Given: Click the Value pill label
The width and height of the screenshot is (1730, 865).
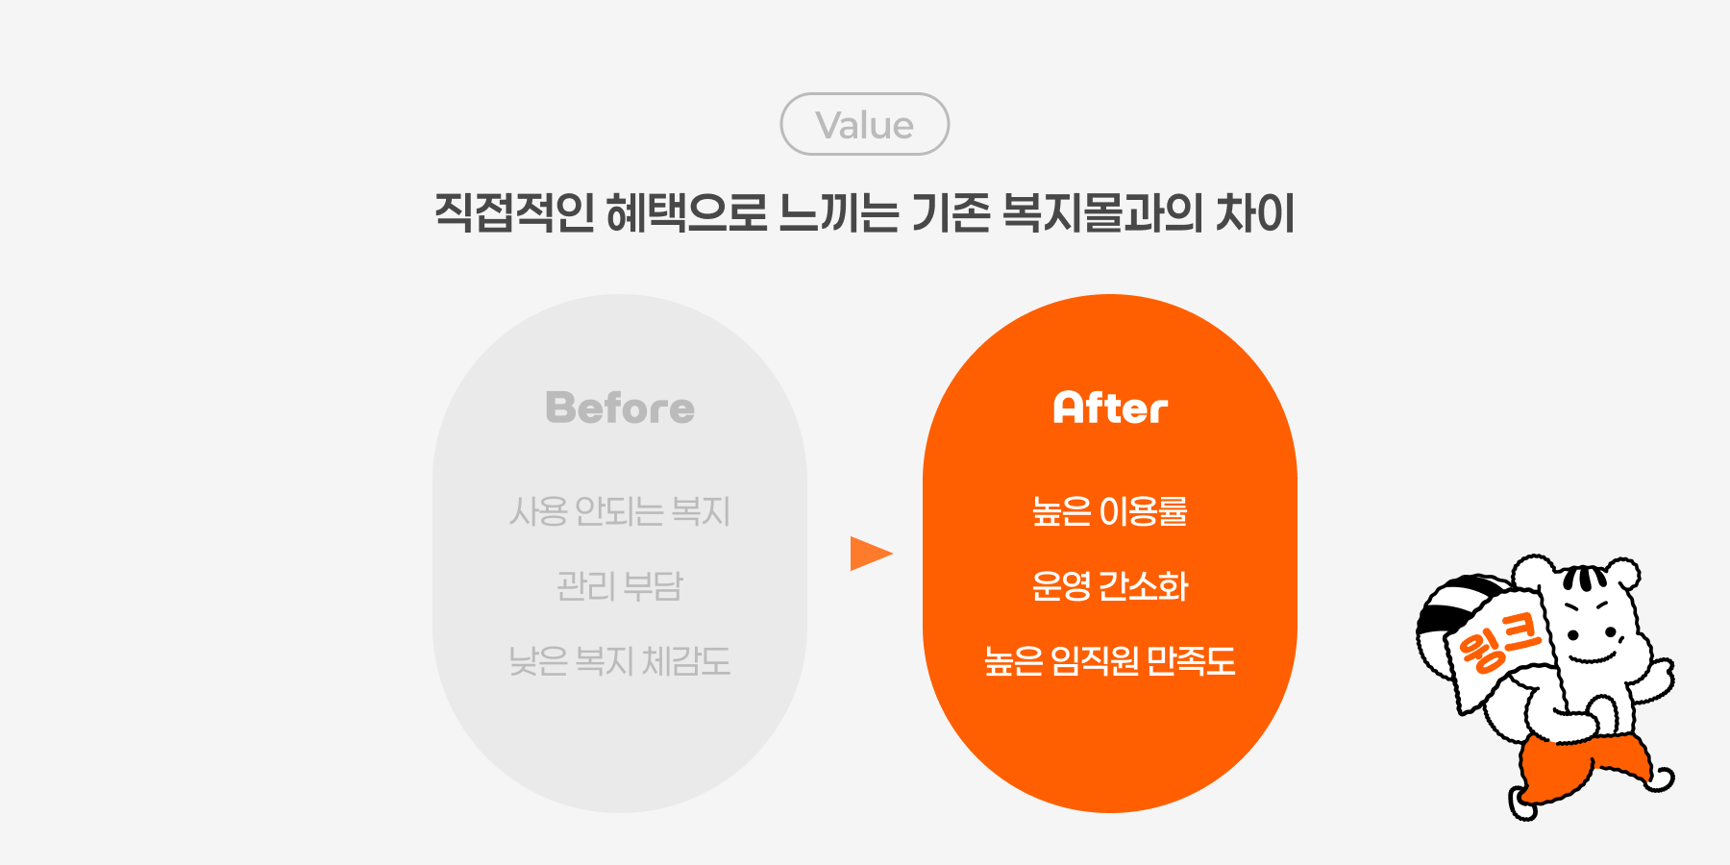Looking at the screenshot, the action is click(864, 125).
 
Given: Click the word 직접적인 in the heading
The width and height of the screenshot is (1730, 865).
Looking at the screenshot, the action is click(515, 212).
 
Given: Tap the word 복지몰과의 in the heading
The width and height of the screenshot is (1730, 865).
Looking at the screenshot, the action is click(1101, 212).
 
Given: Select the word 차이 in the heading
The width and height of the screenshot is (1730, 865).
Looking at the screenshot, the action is click(1255, 212).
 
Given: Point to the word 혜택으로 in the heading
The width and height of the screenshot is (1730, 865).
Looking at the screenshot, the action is click(687, 212).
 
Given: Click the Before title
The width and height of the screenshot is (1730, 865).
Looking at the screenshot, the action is click(620, 408).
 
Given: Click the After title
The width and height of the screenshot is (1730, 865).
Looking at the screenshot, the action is click(1110, 408).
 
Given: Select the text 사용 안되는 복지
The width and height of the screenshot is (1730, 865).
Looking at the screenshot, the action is click(620, 511).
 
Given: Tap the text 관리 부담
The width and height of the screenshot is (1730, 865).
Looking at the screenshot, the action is click(620, 586).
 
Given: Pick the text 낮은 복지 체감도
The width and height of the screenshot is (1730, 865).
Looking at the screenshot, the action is click(620, 661).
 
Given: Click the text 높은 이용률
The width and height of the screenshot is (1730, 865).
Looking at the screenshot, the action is click(1110, 511).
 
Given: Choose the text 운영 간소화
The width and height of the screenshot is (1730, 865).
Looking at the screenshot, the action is click(1110, 586).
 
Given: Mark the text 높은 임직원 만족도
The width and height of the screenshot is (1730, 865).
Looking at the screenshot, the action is click(1110, 661).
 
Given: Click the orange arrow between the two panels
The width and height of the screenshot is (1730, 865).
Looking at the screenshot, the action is click(871, 554).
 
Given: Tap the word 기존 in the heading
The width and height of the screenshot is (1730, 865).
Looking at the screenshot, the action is click(951, 212).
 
